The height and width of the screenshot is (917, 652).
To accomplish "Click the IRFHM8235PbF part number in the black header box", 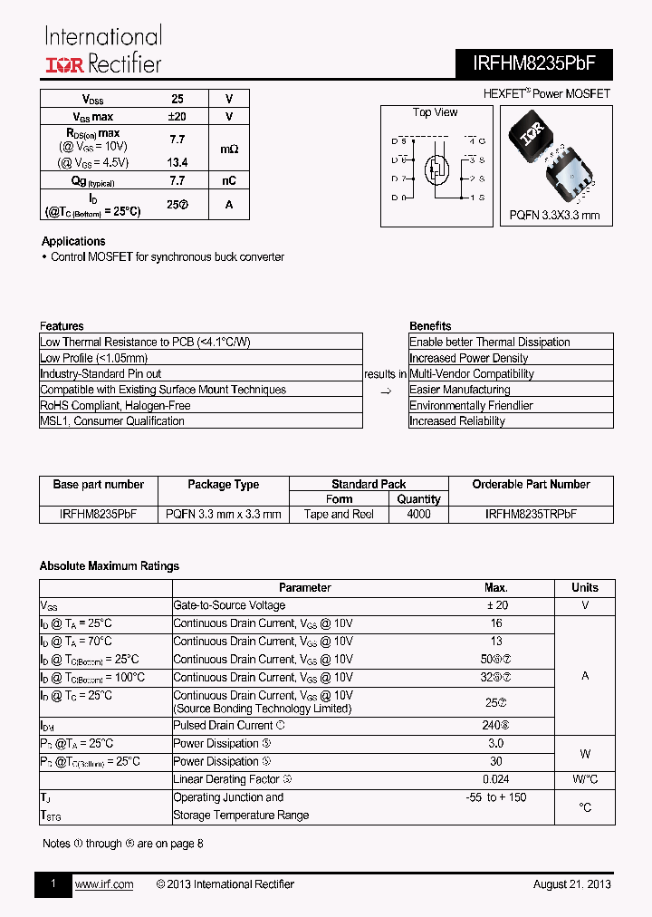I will point(534,63).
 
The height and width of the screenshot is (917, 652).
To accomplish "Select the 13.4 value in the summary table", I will point(177,162).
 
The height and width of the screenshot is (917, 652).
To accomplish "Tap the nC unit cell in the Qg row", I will point(229,180).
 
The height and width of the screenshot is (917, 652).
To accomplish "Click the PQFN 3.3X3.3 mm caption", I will point(554,216).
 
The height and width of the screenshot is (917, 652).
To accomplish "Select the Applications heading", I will point(73,241).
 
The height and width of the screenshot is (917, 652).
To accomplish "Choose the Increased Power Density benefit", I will point(468,358).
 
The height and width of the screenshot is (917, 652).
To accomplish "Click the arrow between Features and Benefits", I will point(385,391).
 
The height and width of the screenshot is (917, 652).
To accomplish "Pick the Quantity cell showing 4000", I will point(418,514).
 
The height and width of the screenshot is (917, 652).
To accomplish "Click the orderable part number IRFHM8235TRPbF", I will point(531,514).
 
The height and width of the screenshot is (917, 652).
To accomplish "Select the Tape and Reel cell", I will point(339,514).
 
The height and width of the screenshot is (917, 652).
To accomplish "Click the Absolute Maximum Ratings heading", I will point(110,566).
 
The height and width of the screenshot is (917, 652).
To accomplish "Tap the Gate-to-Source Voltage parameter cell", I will point(229,605).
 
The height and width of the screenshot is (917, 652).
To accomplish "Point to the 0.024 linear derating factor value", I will point(495,779).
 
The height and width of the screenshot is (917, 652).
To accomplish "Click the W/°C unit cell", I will point(585,779).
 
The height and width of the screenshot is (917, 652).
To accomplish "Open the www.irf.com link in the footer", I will point(103,884).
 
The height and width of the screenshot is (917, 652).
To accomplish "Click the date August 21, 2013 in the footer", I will point(571,884).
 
